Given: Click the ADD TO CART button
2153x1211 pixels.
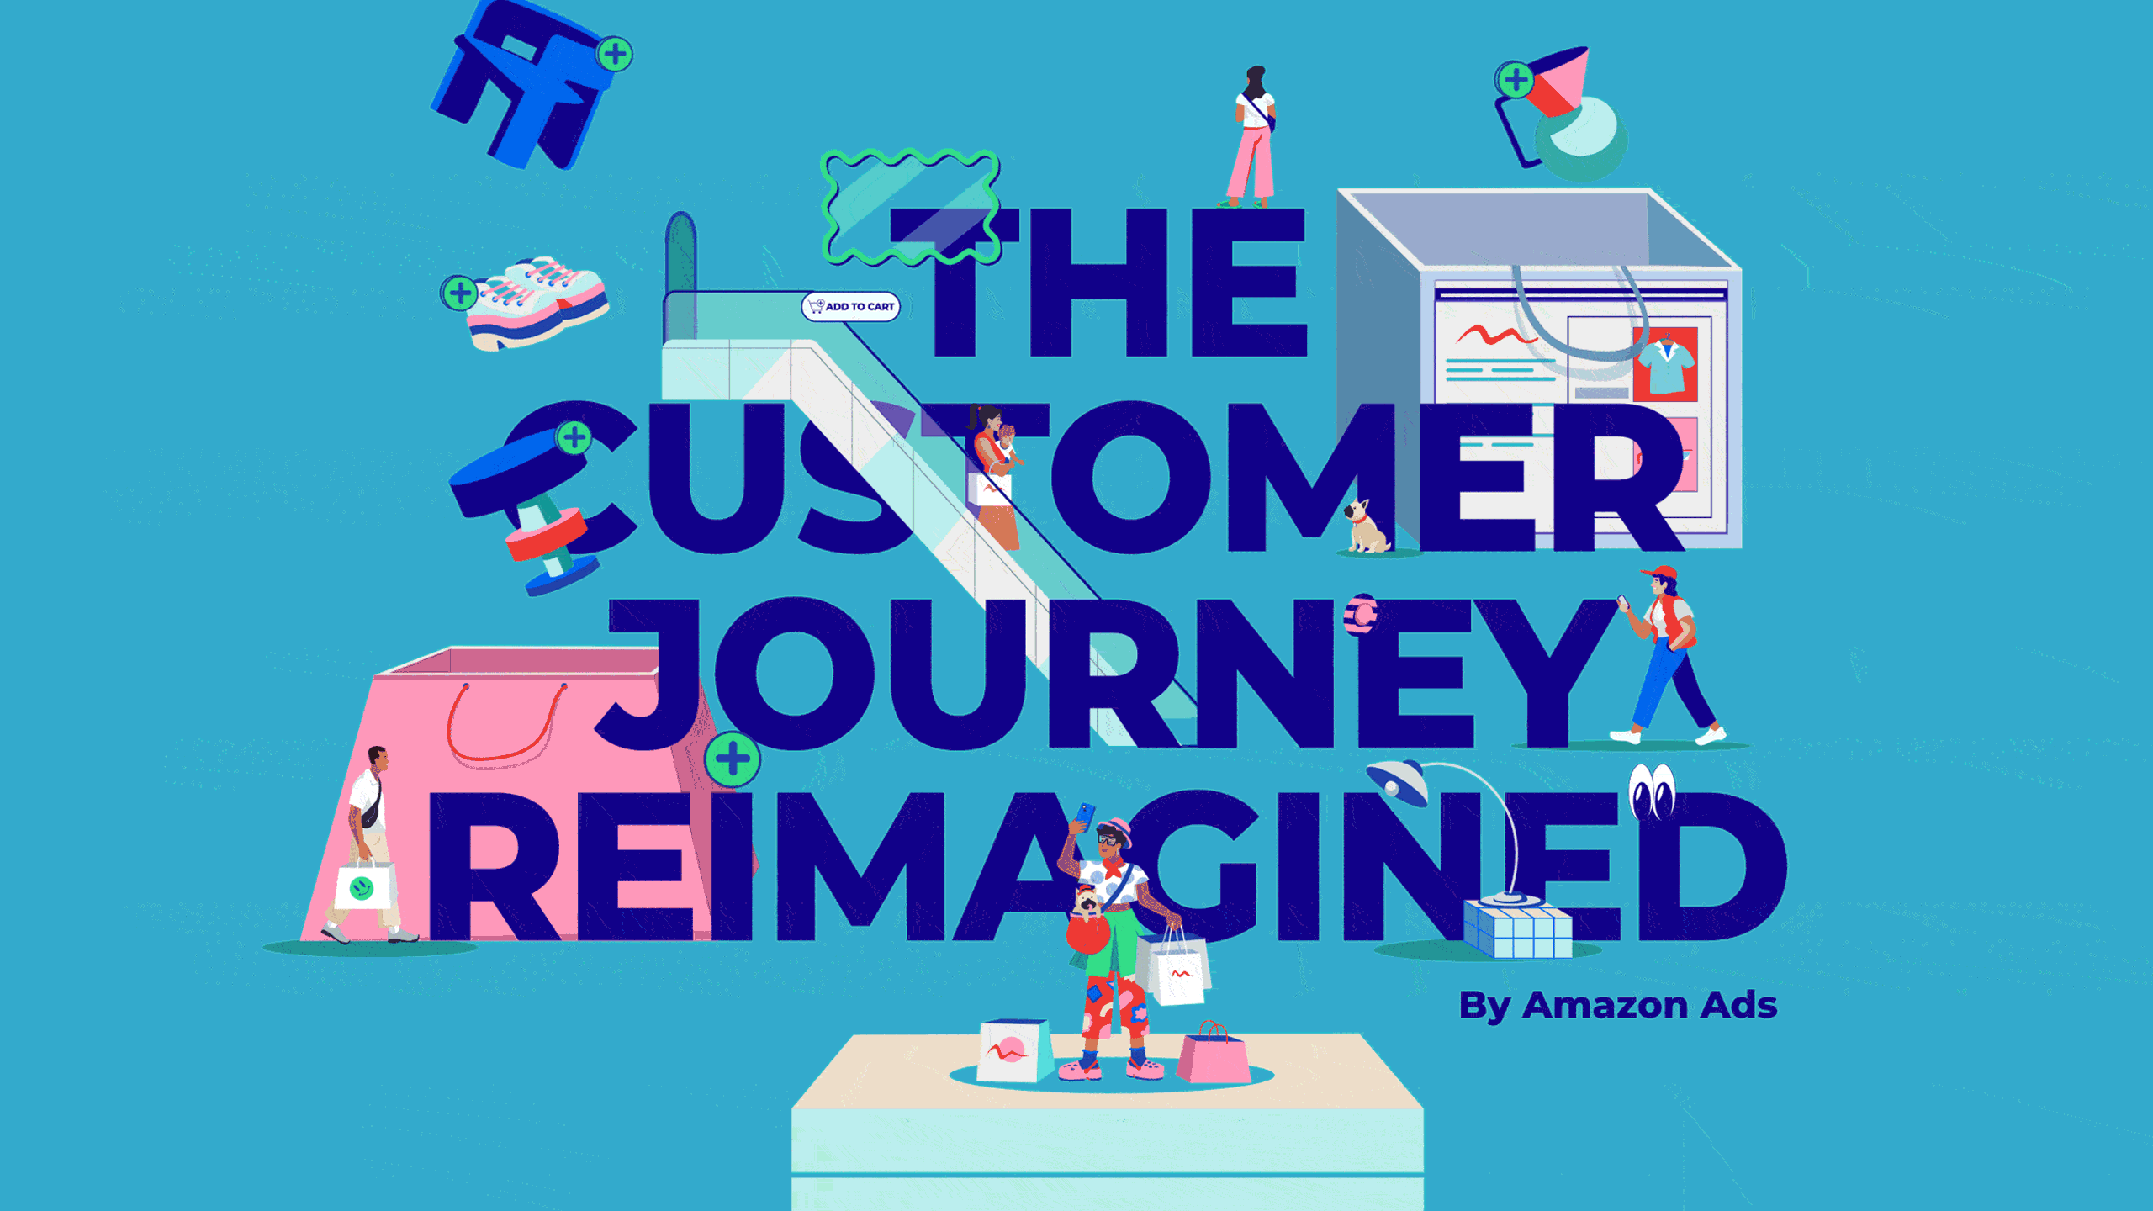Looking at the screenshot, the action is coord(850,306).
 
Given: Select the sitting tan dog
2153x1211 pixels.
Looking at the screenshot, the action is coord(1367,526).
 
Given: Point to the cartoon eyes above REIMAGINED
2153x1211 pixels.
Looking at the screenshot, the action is coord(1652,791).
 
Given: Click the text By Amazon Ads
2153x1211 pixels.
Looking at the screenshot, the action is coord(1617,1006).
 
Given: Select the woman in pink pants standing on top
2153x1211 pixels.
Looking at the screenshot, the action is coord(1252,137).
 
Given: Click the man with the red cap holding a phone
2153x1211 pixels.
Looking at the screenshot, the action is coord(1665,656).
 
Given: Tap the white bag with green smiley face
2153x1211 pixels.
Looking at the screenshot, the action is coord(363,886).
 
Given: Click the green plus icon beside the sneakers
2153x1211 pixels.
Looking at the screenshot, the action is coord(460,293).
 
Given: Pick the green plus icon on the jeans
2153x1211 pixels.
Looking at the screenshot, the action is coord(615,55).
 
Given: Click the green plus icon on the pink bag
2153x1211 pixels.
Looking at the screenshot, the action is coord(733,759).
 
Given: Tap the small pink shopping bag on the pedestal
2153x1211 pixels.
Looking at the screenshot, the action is coord(1213,1053).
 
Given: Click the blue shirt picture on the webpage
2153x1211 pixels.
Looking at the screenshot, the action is coord(1666,365).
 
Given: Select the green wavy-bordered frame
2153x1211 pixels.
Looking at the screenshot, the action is coord(911,207).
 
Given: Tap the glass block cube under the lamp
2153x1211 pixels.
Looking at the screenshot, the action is coord(1517,928).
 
